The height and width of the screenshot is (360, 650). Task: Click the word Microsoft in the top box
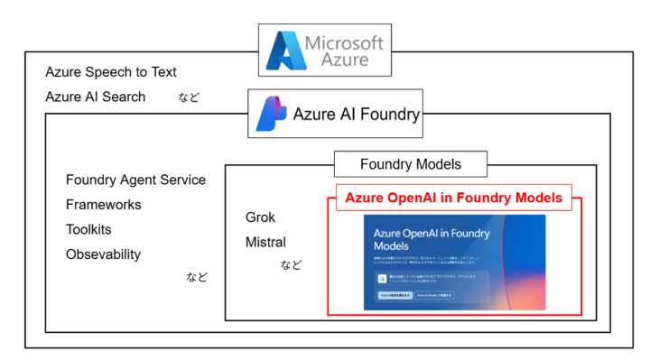[x=343, y=42]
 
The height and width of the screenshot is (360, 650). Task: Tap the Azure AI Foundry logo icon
[x=272, y=114]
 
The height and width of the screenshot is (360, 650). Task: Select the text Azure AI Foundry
[x=356, y=115]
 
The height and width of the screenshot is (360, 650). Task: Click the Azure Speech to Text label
[x=111, y=72]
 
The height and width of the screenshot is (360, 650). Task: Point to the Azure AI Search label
[x=95, y=97]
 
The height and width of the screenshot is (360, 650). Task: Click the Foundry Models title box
[x=410, y=164]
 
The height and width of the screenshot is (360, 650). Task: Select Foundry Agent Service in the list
[x=135, y=180]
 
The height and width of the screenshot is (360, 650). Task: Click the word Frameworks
[x=103, y=205]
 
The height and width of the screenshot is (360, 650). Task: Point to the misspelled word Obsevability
[x=103, y=254]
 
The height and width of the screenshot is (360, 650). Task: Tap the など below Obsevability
[x=197, y=277]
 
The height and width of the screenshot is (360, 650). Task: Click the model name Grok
[x=260, y=217]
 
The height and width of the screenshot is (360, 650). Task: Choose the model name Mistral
[x=265, y=242]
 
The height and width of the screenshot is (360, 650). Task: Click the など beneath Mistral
[x=291, y=264]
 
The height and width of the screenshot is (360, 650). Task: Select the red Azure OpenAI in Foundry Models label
[x=453, y=198]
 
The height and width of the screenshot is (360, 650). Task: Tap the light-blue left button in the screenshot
[x=394, y=295]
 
